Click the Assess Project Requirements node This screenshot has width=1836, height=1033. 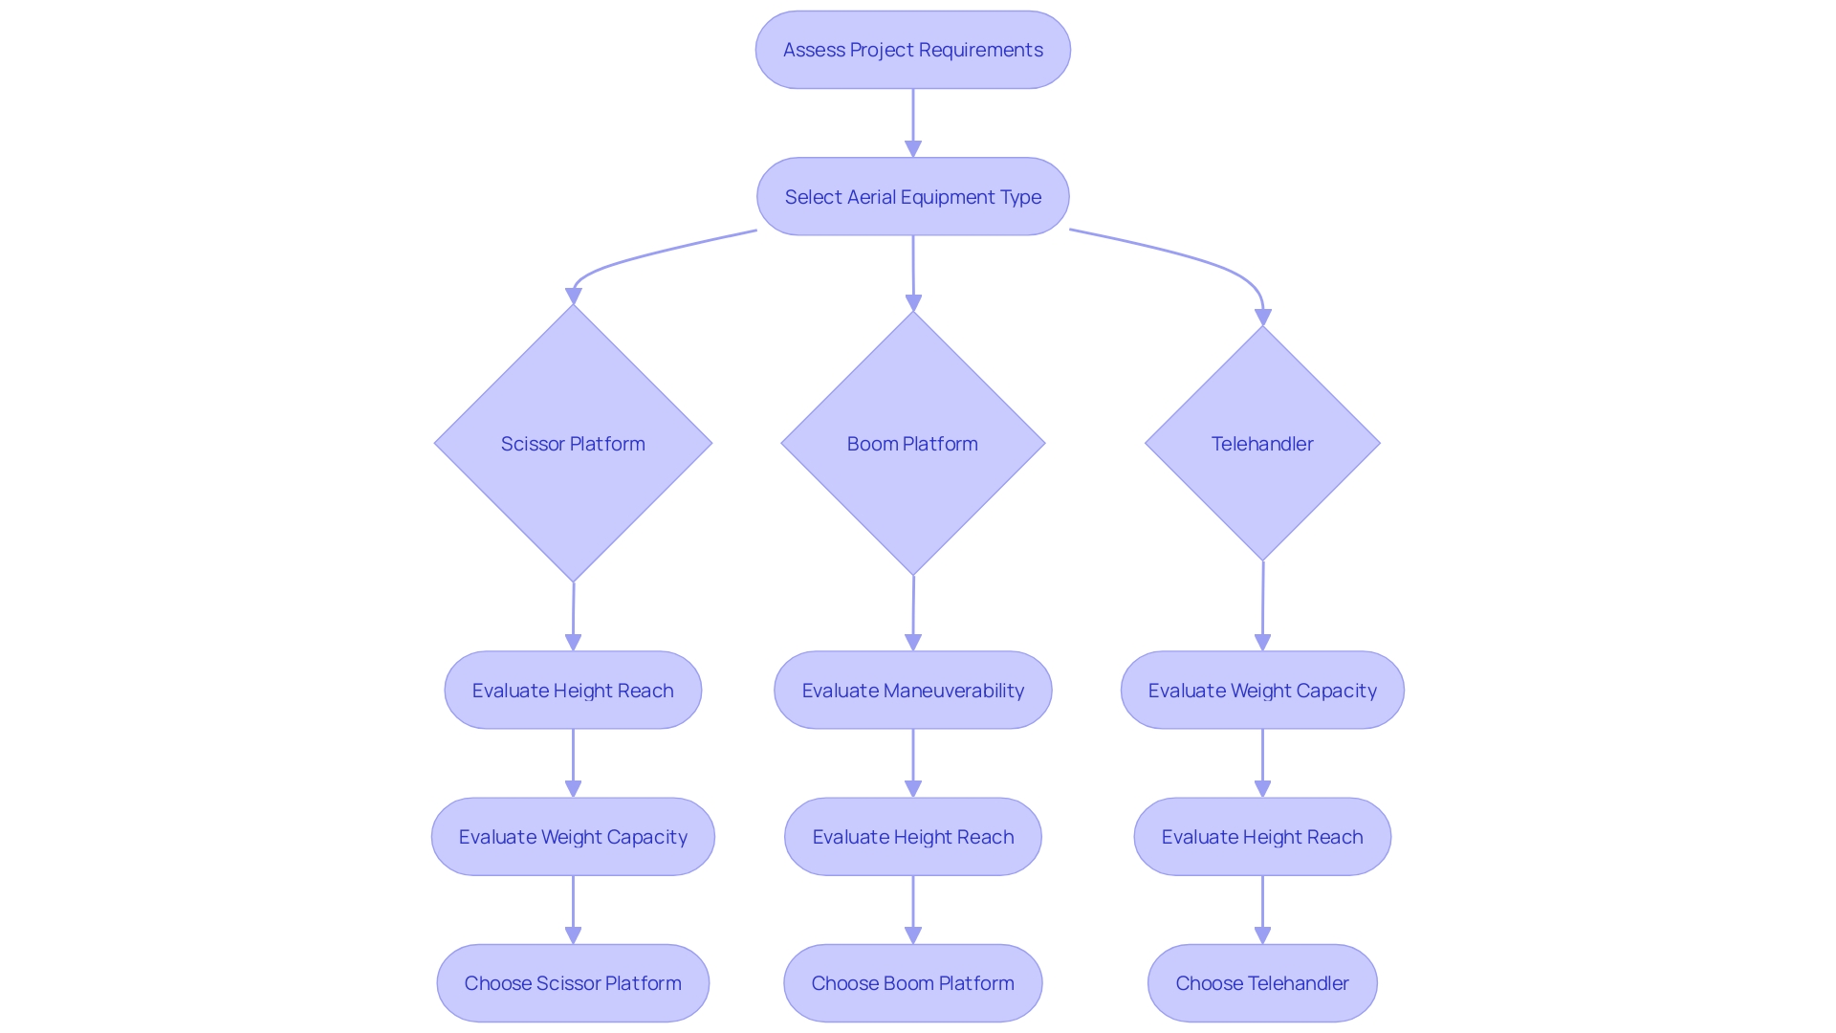coord(912,50)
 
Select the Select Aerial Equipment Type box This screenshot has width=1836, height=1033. coord(912,197)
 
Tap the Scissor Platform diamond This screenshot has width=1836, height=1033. coord(573,444)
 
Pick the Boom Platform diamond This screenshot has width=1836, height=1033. coord(912,444)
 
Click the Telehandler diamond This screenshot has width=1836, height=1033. coord(1262,444)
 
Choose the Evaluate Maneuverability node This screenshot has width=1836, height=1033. coord(912,691)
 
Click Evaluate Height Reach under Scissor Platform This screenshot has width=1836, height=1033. coord(573,691)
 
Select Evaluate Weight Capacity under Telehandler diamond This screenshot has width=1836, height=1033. coord(1262,691)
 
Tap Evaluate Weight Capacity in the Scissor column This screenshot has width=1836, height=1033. coord(573,837)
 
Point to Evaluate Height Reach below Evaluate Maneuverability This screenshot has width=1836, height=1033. coord(912,837)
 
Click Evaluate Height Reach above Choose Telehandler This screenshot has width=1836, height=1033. coord(1262,837)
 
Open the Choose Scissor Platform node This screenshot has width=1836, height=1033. coord(573,983)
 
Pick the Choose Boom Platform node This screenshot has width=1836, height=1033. coord(912,983)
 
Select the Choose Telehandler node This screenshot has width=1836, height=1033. coord(1262,983)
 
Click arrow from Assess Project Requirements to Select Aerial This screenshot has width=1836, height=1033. coord(912,120)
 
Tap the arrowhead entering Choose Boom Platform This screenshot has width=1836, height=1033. coord(912,935)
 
